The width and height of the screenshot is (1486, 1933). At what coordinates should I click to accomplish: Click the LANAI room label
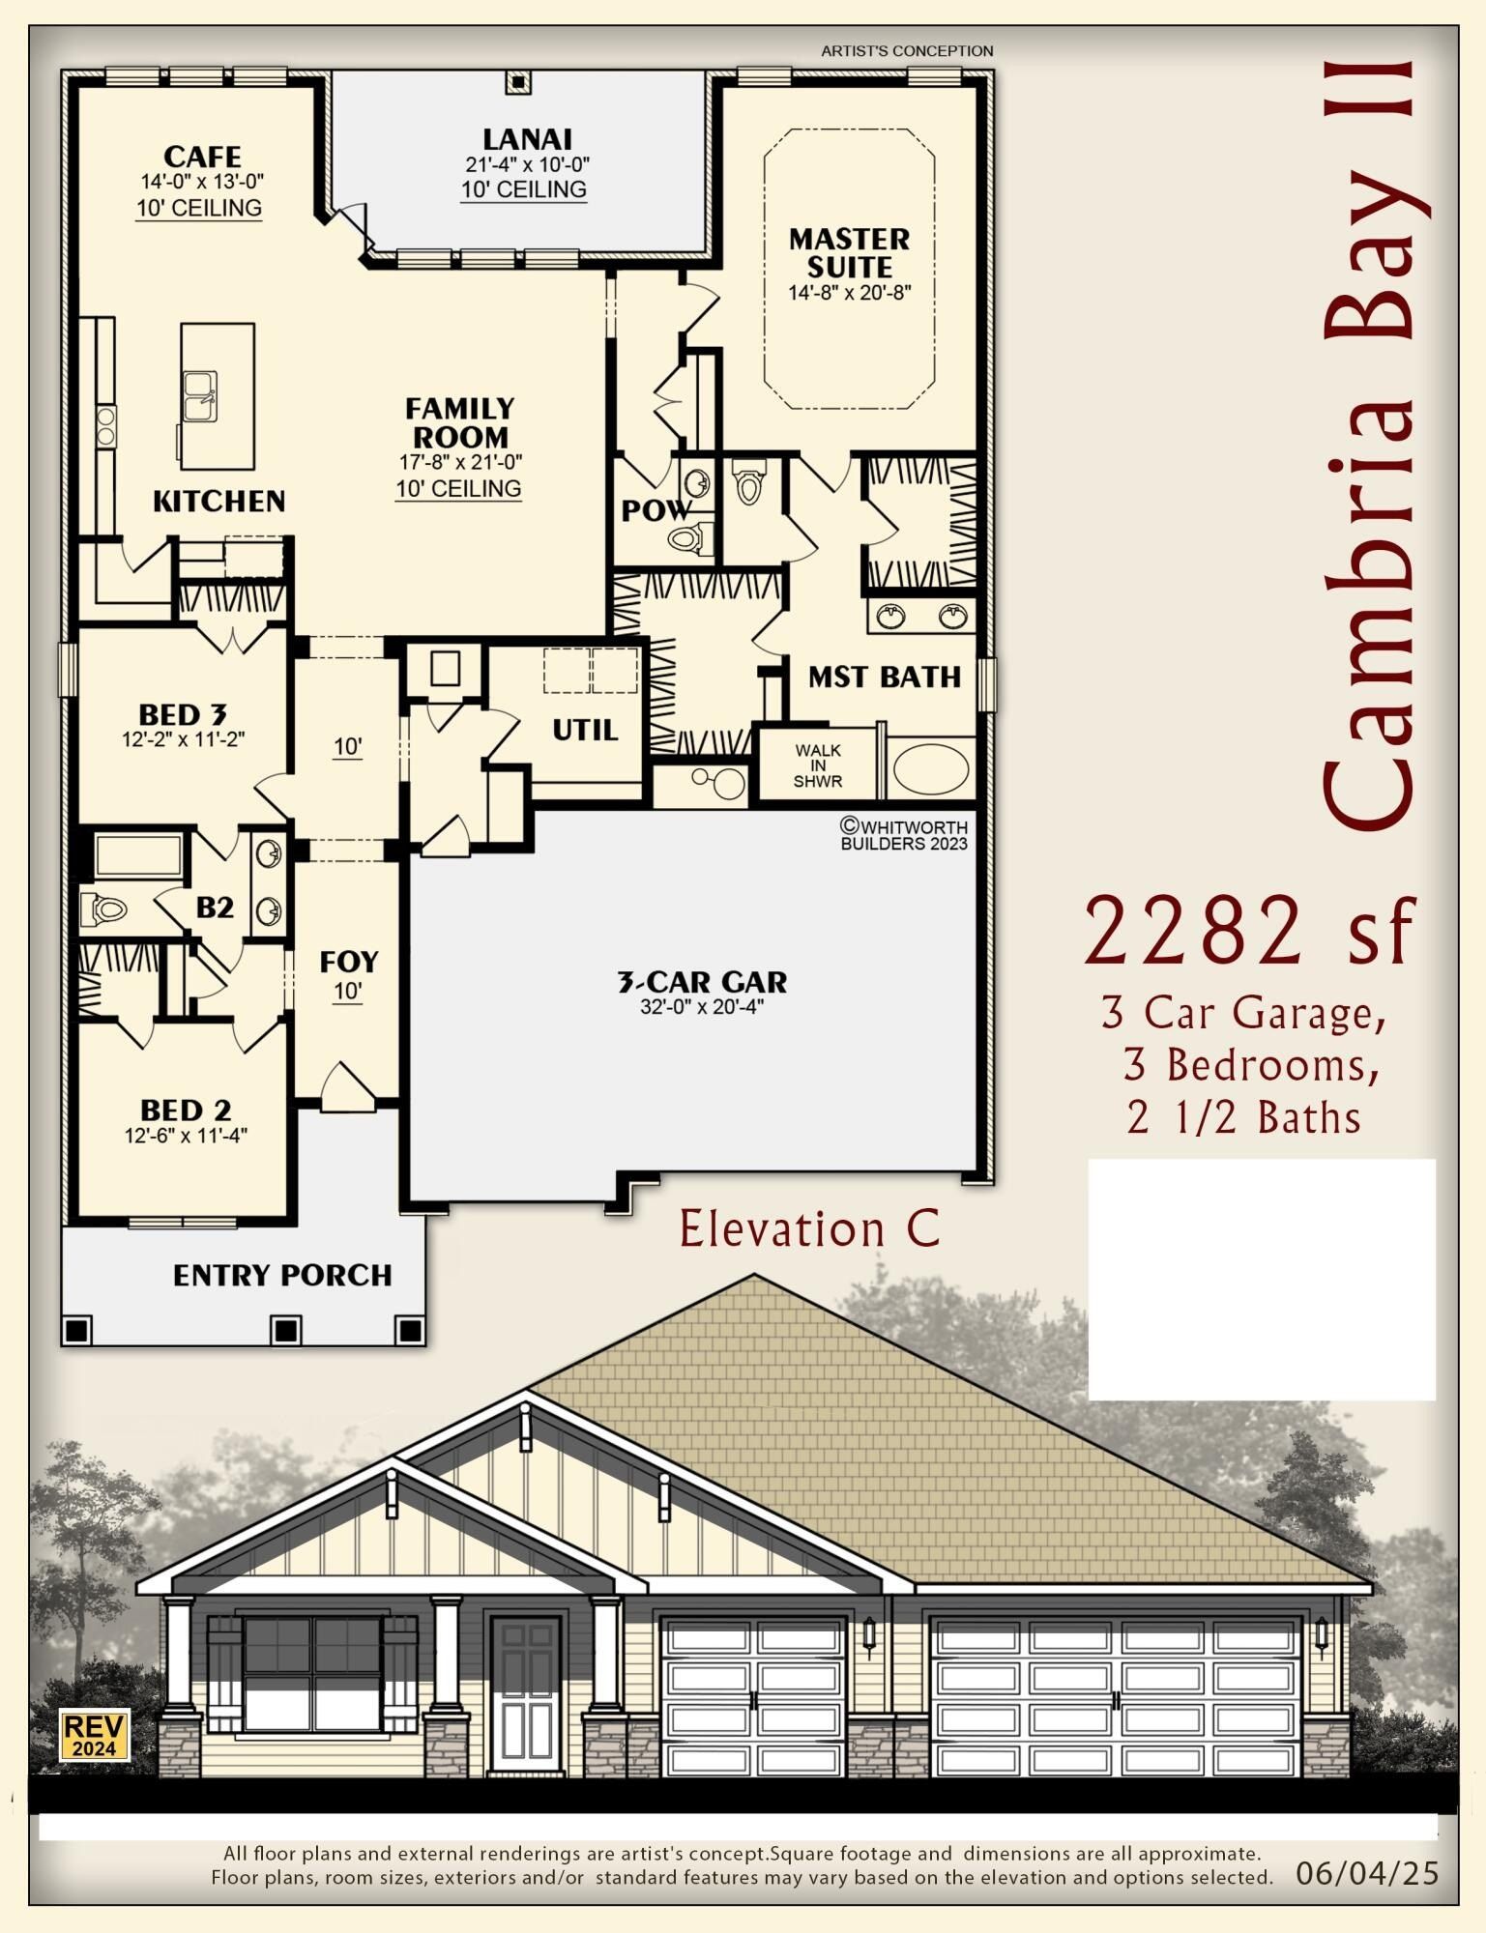point(527,139)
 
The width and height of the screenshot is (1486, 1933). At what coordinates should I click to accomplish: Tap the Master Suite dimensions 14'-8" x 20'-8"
point(849,293)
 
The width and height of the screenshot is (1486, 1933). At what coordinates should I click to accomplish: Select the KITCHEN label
point(219,501)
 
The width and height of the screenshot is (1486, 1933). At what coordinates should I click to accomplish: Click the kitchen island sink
point(200,396)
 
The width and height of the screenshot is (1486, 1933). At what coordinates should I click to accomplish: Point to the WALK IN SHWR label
point(818,765)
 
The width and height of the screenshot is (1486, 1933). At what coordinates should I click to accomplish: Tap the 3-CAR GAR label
point(702,982)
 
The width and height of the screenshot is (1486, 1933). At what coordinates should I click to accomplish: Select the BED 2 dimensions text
point(186,1137)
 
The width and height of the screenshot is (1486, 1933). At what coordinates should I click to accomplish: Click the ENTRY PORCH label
point(282,1276)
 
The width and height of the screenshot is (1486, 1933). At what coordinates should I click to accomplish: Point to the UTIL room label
point(585,730)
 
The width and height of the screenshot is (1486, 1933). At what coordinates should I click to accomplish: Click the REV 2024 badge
point(95,1736)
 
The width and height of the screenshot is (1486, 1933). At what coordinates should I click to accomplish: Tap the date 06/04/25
point(1367,1874)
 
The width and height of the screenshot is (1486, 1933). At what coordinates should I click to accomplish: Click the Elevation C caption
point(809,1229)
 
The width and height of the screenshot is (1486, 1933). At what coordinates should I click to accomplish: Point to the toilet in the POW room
point(690,537)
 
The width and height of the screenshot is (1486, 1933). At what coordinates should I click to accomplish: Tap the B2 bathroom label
point(215,908)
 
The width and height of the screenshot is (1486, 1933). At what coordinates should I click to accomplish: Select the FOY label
point(348,962)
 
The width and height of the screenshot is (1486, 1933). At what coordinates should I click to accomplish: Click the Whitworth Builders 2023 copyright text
point(903,834)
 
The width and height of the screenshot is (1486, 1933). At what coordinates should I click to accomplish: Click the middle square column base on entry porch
point(284,1330)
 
